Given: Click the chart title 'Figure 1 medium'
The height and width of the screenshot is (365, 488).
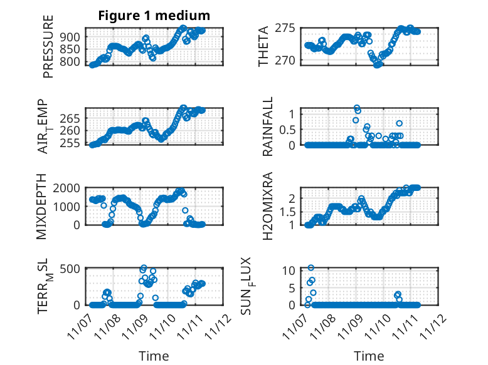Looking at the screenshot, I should click(154, 15).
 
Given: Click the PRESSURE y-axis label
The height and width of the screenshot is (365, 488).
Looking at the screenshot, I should click(48, 47).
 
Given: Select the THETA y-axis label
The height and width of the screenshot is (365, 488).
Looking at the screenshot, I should click(263, 46).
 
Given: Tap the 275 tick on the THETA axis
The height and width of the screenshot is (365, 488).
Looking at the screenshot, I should click(290, 28).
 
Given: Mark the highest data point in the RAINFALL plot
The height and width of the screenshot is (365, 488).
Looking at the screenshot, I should click(356, 108).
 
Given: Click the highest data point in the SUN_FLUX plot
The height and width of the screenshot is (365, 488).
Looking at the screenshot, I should click(311, 268).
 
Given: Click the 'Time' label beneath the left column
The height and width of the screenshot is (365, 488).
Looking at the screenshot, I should click(154, 356).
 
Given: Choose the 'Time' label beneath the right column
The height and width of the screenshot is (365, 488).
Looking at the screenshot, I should click(369, 356).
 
